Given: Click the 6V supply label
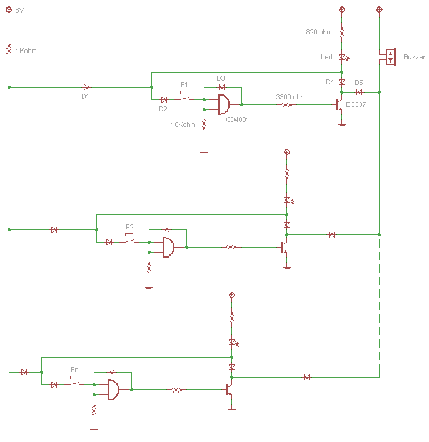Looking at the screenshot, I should [19, 11].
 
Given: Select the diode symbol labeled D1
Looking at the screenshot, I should [86, 87].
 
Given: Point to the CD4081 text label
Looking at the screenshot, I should [237, 119].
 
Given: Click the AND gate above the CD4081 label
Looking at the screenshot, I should [223, 105].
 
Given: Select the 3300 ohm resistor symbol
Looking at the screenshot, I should [286, 105].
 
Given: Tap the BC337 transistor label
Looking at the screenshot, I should [356, 104].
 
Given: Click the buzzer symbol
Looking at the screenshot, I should [391, 57].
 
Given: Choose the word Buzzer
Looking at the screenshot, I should [414, 57].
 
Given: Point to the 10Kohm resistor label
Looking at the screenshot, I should [183, 124].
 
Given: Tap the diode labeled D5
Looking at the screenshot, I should [359, 91].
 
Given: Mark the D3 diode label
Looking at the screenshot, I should [220, 78].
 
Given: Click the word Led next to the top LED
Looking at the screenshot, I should [326, 57].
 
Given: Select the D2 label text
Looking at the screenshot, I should [163, 109].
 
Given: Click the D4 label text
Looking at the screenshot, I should [330, 82].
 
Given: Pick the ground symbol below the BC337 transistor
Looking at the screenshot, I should [341, 124].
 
